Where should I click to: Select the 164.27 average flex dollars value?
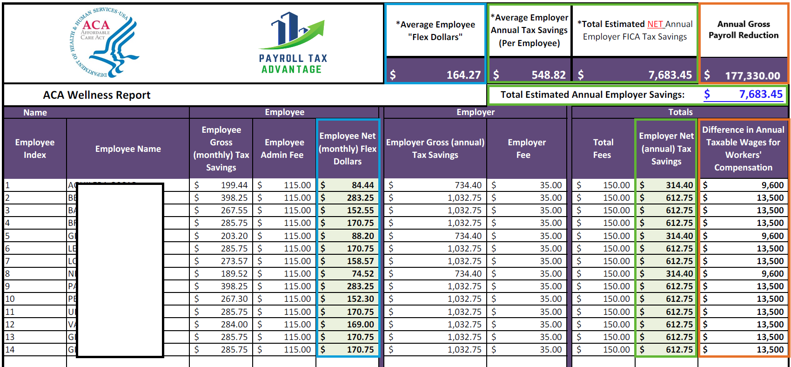click(463, 75)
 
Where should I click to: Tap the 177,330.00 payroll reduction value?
click(752, 75)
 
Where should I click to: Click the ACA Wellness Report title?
click(97, 95)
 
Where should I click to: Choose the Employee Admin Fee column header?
click(284, 149)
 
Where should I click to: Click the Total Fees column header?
click(603, 149)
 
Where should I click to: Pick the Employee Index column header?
click(35, 149)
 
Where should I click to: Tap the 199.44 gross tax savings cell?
click(234, 185)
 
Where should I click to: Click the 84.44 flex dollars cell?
click(362, 185)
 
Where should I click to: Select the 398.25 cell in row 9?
click(234, 286)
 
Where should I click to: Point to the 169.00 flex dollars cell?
click(360, 325)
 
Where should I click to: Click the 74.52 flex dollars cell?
click(362, 274)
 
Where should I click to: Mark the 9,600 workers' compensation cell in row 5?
click(772, 236)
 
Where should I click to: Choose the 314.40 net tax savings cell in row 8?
click(679, 274)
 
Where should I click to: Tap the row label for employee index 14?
click(10, 350)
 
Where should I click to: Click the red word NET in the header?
click(655, 24)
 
